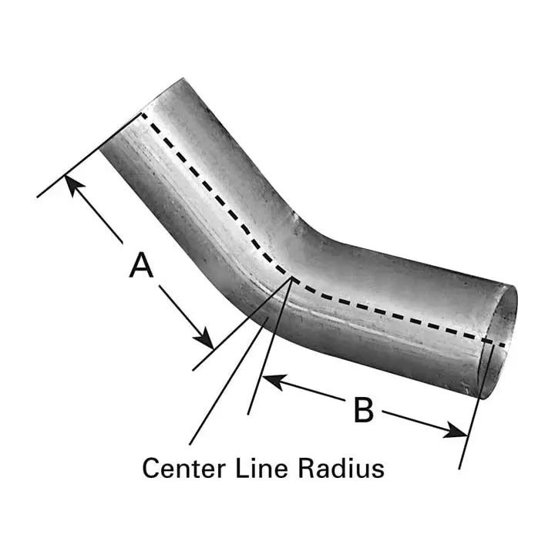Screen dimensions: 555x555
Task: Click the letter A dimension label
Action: pyautogui.click(x=141, y=264)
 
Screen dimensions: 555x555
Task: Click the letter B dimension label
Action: pyautogui.click(x=364, y=410)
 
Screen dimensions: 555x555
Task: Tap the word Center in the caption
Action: pyautogui.click(x=183, y=469)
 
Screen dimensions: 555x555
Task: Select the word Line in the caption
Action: pyautogui.click(x=261, y=468)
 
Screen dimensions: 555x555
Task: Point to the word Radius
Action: pyautogui.click(x=341, y=468)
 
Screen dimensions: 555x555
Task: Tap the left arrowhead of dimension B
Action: pyautogui.click(x=273, y=382)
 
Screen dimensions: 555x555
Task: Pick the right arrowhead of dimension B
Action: pyautogui.click(x=455, y=430)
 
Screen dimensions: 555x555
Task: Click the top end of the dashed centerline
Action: pyautogui.click(x=143, y=114)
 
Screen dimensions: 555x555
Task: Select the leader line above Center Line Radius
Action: pyautogui.click(x=241, y=362)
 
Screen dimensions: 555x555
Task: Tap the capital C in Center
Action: pyautogui.click(x=150, y=469)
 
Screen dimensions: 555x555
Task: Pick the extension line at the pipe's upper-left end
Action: pyautogui.click(x=89, y=155)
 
